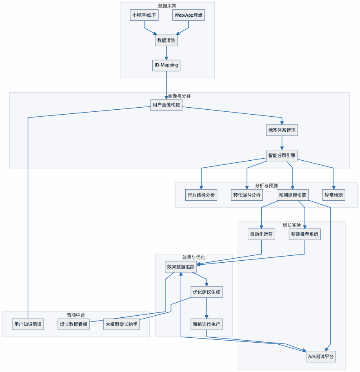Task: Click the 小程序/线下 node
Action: tap(144, 15)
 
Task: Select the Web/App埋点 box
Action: tap(189, 15)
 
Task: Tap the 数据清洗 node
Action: tap(167, 40)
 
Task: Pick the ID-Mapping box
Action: tap(166, 65)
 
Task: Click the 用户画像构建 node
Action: tap(166, 105)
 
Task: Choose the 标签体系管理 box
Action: tap(282, 130)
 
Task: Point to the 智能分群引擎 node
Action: tap(282, 155)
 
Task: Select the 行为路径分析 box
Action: tap(201, 195)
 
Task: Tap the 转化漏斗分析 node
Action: tap(247, 195)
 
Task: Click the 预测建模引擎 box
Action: tap(293, 195)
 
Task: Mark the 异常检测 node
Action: tap(334, 195)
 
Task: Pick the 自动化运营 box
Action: tap(262, 235)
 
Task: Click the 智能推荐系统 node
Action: tap(305, 235)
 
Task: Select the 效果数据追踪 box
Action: tap(181, 267)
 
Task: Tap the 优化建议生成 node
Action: tap(207, 292)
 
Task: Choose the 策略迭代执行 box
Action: tap(207, 325)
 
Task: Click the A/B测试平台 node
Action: tap(321, 356)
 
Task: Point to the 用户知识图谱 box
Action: tap(28, 325)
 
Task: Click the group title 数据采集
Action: tap(167, 6)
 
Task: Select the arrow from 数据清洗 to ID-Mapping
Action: tap(167, 53)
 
